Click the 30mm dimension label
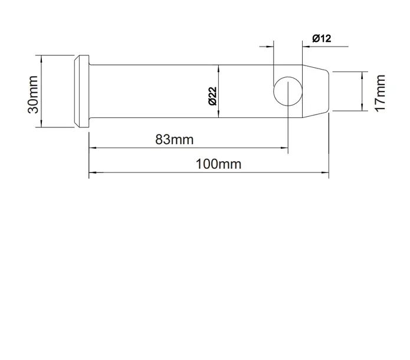tap(33, 94)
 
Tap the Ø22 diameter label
tap(213, 96)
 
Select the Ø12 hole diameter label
tap(322, 38)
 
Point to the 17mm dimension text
tap(381, 93)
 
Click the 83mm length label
tap(175, 139)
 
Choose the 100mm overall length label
tap(219, 164)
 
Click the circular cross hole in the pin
tap(288, 91)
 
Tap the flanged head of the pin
tap(82, 91)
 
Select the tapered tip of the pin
tap(316, 91)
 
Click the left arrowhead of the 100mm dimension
tap(93, 172)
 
